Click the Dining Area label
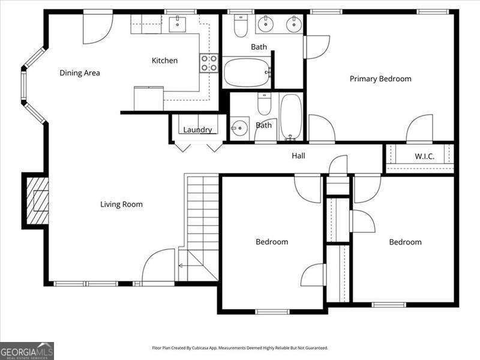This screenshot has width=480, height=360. (x=79, y=73)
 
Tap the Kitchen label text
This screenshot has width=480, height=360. (x=164, y=61)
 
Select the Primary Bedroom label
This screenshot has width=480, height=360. (x=380, y=79)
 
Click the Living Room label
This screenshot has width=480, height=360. (x=121, y=205)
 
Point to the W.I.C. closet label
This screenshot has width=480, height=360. (x=424, y=157)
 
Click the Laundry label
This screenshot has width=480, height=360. (x=197, y=130)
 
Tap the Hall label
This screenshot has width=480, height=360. (x=298, y=156)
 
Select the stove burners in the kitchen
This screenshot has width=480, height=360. (x=209, y=63)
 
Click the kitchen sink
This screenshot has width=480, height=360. (x=179, y=24)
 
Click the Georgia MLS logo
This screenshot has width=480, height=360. (x=27, y=350)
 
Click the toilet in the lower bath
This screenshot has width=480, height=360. (x=264, y=104)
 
